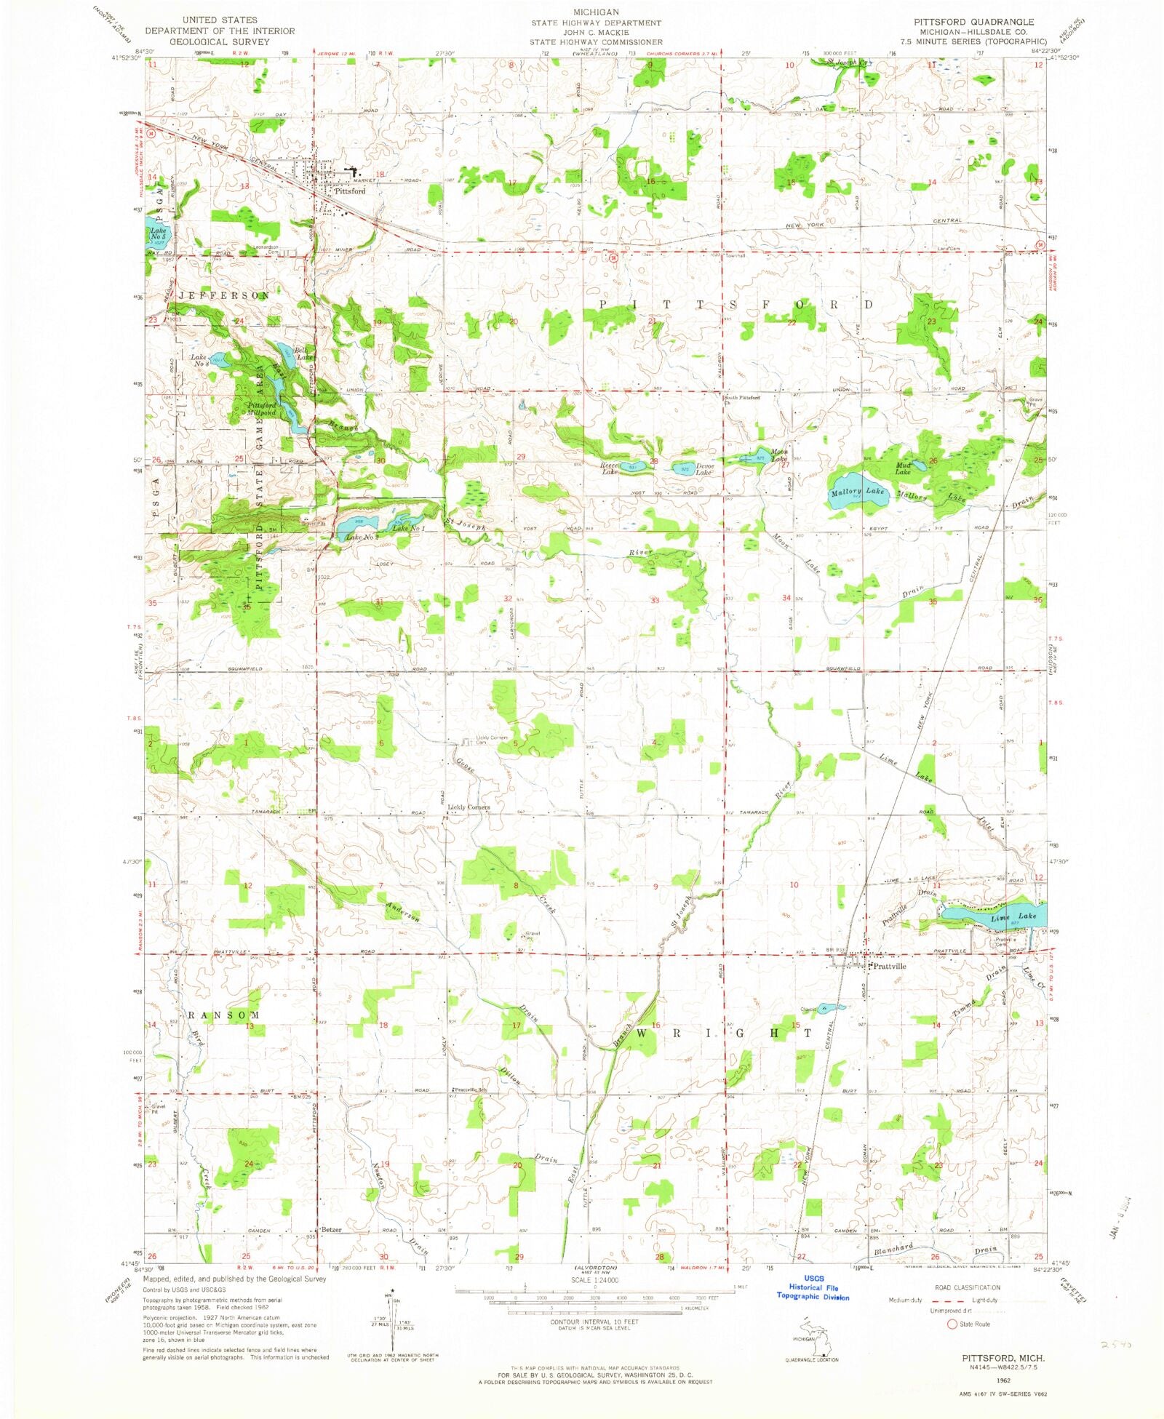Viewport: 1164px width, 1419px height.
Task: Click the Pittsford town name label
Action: point(350,191)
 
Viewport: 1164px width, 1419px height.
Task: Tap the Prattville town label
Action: point(889,967)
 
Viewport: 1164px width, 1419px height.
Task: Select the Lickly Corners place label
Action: point(469,807)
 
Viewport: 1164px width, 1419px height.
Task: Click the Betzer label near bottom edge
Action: point(331,1230)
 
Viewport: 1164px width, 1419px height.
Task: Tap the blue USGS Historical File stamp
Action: point(813,1287)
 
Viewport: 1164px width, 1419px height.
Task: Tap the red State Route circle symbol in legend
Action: point(952,1324)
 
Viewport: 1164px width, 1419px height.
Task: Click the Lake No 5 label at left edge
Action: point(158,234)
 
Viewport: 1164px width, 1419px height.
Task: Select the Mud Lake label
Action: point(903,468)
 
